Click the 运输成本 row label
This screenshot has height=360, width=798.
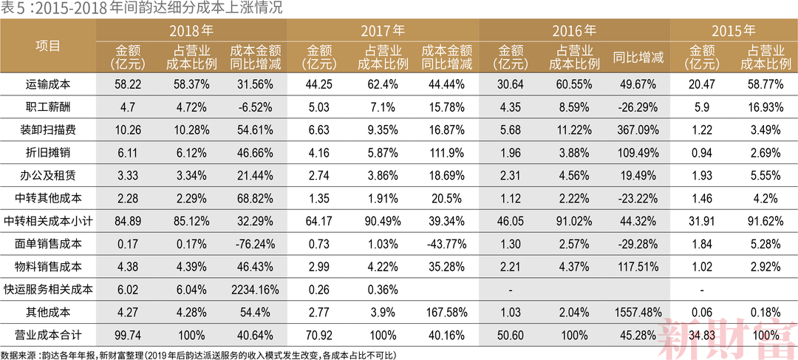(48, 84)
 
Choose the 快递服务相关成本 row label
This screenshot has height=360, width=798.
(48, 289)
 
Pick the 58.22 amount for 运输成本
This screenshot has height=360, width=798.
(129, 84)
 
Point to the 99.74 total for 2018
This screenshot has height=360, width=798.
(129, 335)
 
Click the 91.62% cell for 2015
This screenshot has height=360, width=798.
(764, 221)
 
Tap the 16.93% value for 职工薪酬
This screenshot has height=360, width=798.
(764, 107)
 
